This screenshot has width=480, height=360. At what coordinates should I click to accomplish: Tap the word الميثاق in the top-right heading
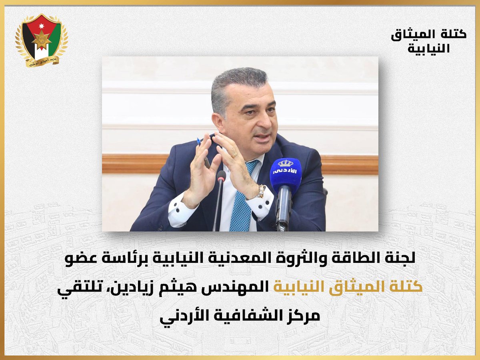(420, 34)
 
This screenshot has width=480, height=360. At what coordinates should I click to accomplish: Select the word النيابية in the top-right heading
(428, 48)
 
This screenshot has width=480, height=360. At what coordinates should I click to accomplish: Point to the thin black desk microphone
(220, 200)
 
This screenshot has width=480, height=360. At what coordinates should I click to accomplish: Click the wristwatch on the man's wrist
(261, 191)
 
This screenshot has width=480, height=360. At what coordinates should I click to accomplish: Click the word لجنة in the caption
(400, 259)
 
